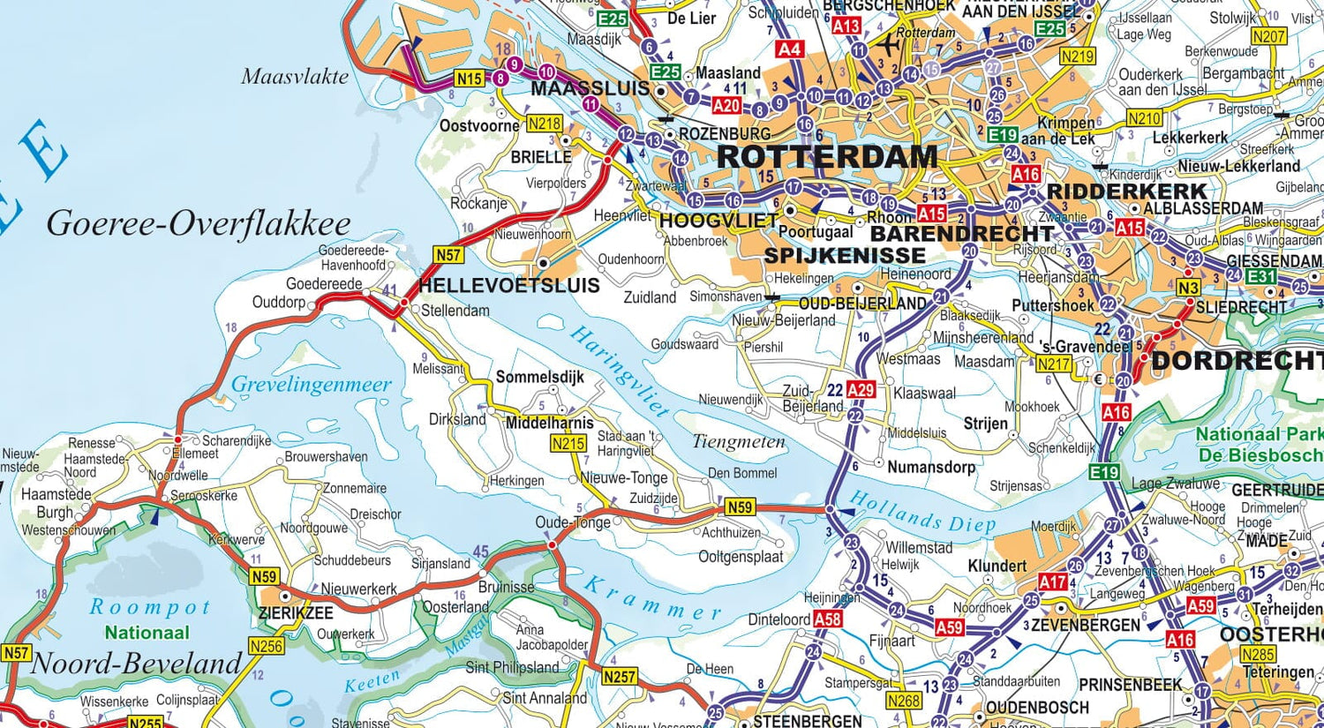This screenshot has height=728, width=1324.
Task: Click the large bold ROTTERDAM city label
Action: [x=827, y=157]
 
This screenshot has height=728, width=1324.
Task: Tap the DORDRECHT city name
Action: [x=1236, y=361]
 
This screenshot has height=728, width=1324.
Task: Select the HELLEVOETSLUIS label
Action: [x=508, y=285]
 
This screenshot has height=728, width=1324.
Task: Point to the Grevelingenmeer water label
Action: [x=311, y=385]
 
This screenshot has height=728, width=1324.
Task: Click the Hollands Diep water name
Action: [x=922, y=514]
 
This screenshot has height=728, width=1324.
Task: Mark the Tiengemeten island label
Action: [x=738, y=442]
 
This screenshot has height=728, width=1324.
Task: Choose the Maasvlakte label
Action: [x=295, y=77]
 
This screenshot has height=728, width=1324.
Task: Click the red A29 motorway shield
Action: [x=861, y=390]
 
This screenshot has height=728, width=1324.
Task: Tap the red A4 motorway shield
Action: [x=789, y=49]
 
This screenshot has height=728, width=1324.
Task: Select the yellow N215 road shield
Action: [x=568, y=444]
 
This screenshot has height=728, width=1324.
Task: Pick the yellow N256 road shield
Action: [x=266, y=646]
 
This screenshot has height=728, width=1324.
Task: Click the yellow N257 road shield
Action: [x=619, y=677]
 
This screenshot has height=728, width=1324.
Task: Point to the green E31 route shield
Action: [x=1261, y=276]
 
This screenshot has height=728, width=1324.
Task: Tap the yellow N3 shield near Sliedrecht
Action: [x=1188, y=289]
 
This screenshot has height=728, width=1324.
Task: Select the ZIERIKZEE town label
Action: [x=296, y=612]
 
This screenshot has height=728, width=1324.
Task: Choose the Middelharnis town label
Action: [x=549, y=423]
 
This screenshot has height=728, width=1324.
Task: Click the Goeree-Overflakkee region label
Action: [x=199, y=223]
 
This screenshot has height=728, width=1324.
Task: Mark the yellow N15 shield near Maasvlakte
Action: [x=469, y=79]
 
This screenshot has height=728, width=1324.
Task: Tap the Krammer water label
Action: [x=652, y=597]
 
